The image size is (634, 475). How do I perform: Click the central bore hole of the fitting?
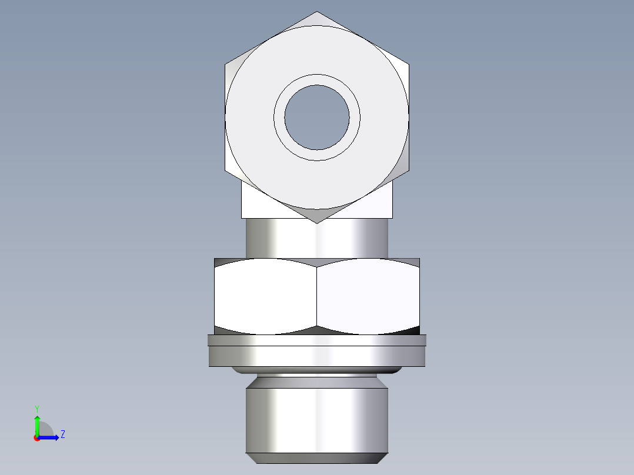tap(316, 117)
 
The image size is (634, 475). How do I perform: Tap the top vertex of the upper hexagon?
tap(317, 13)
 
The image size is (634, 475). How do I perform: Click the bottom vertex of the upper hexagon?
tap(317, 222)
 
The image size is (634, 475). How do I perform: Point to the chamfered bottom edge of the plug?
tap(316, 458)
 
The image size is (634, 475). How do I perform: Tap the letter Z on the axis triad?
tap(62, 434)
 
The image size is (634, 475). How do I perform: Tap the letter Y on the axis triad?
tap(37, 408)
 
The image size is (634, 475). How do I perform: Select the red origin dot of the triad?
tap(37, 438)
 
